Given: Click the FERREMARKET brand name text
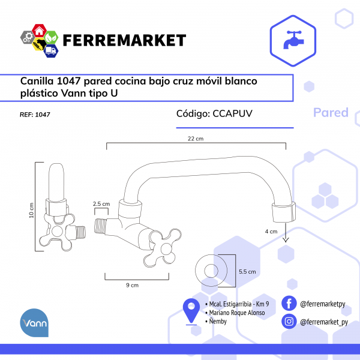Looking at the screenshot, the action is pos(124,40).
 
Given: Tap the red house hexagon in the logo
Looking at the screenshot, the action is pos(39,31).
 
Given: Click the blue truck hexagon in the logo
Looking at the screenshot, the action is pos(51,50).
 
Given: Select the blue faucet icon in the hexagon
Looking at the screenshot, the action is pos(293,40).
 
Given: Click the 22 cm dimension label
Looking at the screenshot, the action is pos(196,139).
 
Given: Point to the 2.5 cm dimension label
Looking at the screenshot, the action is pos(101,204).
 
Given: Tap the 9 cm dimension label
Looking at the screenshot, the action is pos(132,285).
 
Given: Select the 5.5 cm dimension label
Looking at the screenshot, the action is pos(247,272).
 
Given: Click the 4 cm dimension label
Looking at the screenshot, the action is pos(271,232).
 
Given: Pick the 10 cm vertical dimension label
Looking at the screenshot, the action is pos(31,210).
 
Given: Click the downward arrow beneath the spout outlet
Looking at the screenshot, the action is pos(286,232).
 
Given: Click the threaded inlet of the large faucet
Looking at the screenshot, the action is pos(101,226).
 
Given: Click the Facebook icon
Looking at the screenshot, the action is pos(289,303).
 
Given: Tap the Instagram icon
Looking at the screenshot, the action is pos(289,321).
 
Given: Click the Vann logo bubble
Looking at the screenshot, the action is pos(34,323).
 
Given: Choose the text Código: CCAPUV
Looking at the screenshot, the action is pos(214,113).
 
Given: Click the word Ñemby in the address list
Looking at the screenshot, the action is pos(218,321).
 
